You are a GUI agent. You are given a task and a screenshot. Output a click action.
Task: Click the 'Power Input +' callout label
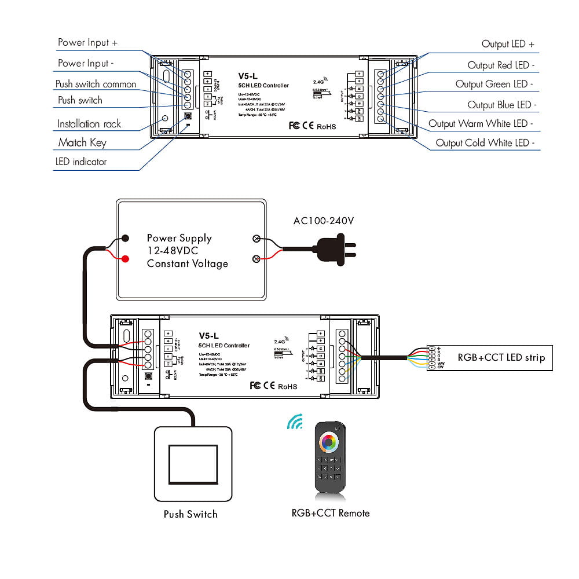[88, 43]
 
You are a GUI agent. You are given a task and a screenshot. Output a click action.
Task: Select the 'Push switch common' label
[96, 84]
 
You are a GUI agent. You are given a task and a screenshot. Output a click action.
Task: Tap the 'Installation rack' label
[89, 124]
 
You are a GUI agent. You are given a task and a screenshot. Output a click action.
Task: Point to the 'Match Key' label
[82, 142]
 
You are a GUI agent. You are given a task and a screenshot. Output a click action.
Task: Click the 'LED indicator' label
[81, 162]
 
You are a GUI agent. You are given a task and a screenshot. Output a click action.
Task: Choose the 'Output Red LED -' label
[501, 65]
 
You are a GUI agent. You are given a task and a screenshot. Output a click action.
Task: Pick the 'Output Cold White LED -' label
[485, 143]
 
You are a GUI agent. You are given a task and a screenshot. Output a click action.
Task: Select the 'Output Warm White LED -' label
[481, 123]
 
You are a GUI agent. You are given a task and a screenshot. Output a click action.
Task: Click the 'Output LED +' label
[508, 44]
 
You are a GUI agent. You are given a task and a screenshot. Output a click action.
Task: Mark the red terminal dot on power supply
[125, 258]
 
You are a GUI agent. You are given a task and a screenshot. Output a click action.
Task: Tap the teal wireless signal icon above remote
[296, 422]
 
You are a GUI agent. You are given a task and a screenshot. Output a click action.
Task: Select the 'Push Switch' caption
[190, 514]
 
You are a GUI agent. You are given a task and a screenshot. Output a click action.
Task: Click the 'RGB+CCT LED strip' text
[501, 357]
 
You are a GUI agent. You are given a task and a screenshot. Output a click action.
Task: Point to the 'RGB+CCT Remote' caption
[331, 512]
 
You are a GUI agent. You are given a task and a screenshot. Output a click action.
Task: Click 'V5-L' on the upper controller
[247, 75]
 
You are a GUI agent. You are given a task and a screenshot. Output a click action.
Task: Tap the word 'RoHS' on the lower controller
[288, 386]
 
